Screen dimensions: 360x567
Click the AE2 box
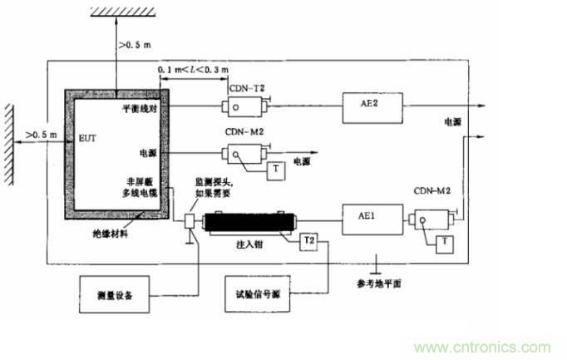coord(372,106)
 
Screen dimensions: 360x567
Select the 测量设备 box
coord(111,295)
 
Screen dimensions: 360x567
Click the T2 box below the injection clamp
coord(308,239)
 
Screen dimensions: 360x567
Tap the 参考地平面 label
coord(379,284)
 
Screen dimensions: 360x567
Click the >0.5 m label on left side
coord(41,133)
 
